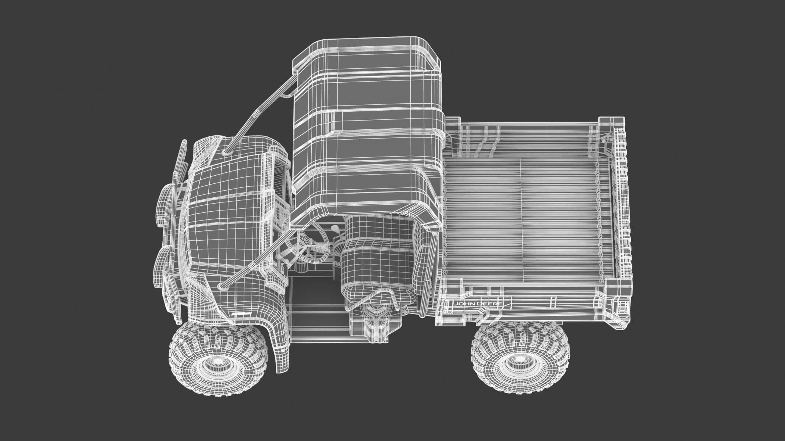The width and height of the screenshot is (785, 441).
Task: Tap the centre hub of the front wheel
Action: (217, 361)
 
